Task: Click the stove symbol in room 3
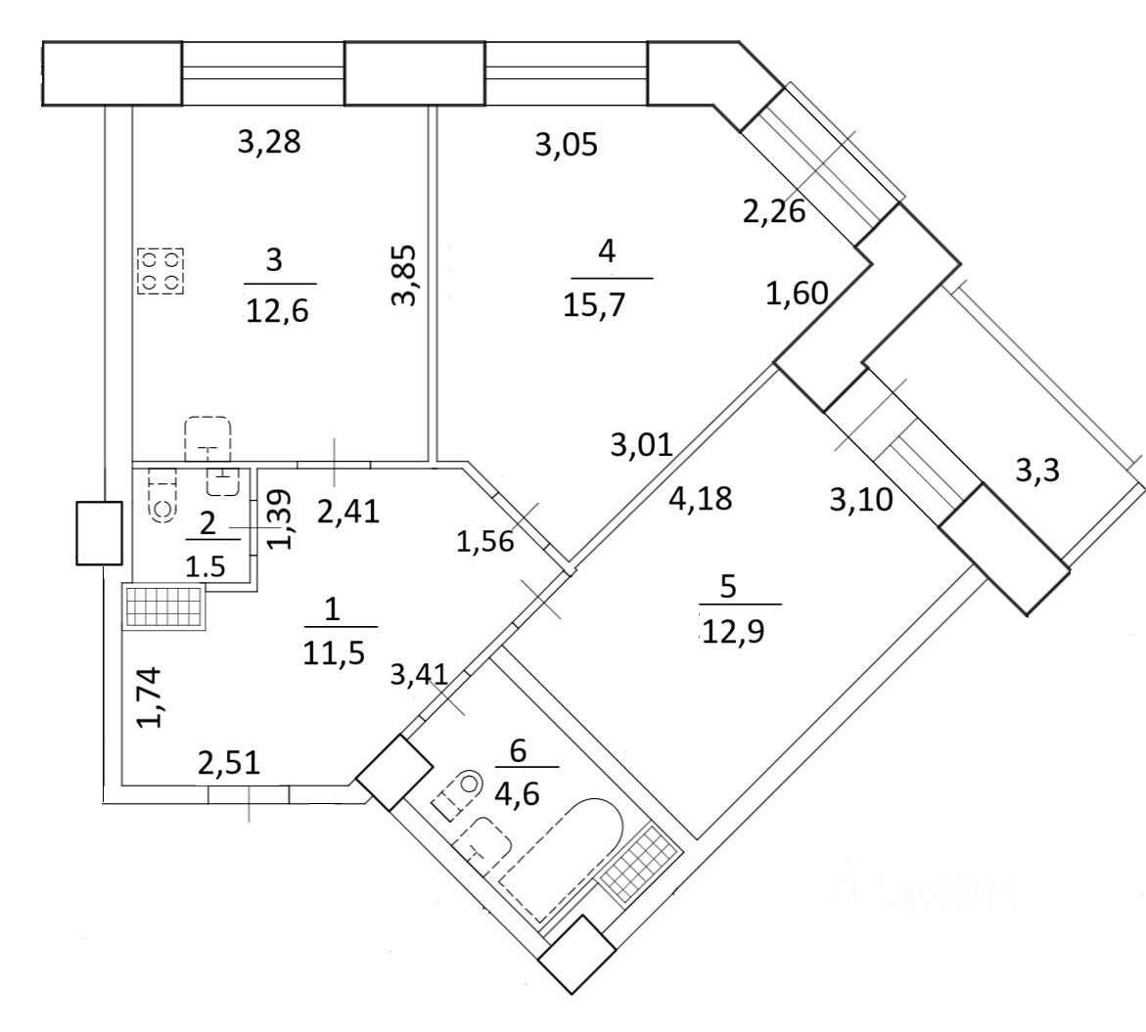pos(160,271)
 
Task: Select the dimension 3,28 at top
pos(269,143)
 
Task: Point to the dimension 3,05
pos(566,145)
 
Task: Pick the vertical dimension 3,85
pos(403,275)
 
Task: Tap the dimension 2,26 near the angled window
pos(773,210)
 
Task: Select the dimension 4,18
pos(701,498)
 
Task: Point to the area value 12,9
pos(733,630)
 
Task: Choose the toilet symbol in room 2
pos(161,494)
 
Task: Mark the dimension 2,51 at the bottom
pos(229,762)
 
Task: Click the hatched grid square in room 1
pos(163,606)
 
